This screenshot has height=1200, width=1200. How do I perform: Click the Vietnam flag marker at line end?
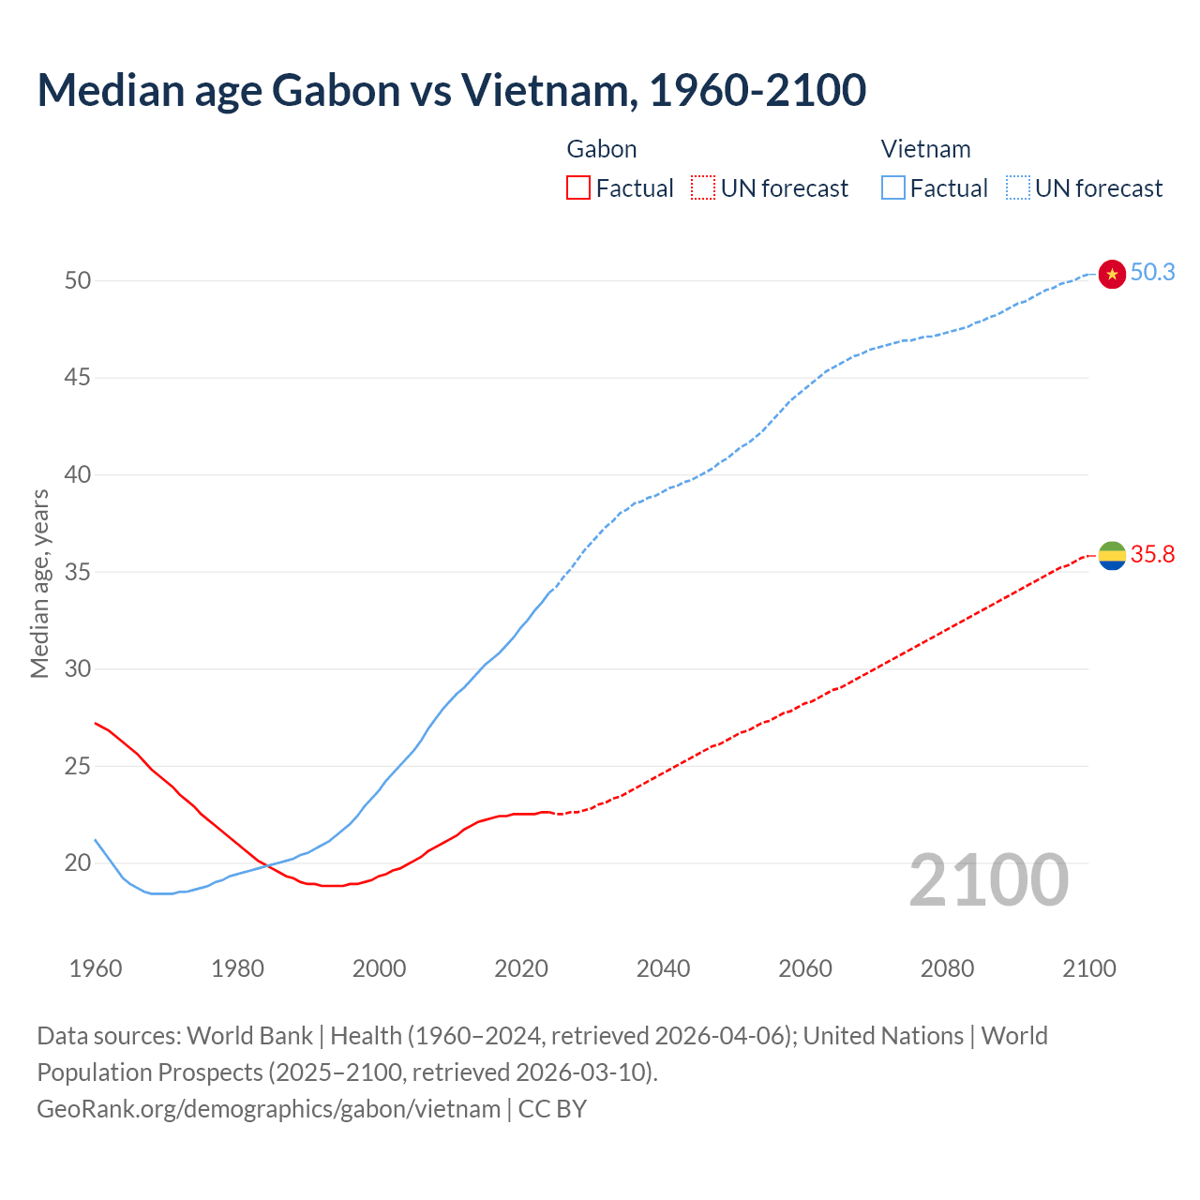click(1112, 274)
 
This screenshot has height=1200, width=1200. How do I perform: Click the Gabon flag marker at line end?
click(1112, 555)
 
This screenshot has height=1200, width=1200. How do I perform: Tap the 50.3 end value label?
click(1152, 272)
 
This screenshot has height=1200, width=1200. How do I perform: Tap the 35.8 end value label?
click(1152, 554)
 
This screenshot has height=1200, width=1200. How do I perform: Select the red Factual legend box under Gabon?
click(578, 188)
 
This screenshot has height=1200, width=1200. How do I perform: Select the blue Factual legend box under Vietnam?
click(893, 188)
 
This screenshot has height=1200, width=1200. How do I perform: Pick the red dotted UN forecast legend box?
click(703, 188)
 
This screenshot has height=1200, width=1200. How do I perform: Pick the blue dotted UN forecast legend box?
click(1018, 188)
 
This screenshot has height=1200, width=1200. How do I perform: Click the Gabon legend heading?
click(602, 149)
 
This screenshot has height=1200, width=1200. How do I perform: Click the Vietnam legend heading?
click(925, 149)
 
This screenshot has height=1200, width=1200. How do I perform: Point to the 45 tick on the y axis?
click(78, 378)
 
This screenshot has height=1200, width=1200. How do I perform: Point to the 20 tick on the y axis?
click(78, 862)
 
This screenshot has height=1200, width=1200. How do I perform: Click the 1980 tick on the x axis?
click(237, 968)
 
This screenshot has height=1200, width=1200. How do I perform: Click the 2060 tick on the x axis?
click(805, 968)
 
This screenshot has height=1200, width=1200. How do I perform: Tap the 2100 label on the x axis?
click(1089, 968)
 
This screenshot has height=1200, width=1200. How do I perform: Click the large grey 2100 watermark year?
click(989, 880)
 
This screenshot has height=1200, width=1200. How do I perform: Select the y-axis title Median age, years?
click(40, 583)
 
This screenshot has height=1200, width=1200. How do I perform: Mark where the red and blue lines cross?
click(268, 864)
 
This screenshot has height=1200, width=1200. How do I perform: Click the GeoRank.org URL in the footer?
click(268, 1109)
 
